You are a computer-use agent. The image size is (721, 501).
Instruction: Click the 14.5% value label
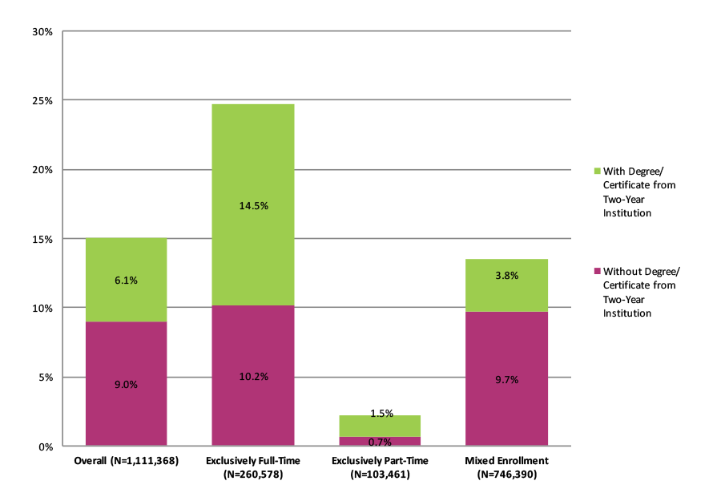[x=253, y=206]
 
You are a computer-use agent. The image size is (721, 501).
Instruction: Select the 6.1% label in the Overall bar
[x=127, y=280]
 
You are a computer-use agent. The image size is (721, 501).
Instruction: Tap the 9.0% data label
[x=127, y=384]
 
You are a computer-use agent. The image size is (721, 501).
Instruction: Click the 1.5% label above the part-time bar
[x=381, y=414]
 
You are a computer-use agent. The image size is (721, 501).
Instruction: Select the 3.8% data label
[x=507, y=275]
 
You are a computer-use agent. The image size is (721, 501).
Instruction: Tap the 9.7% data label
[x=507, y=379]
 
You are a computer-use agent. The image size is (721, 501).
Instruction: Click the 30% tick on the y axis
[x=42, y=32]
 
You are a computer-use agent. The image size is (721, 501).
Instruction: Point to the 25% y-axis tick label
[x=42, y=101]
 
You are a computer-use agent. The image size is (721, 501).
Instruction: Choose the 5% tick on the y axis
[x=45, y=378]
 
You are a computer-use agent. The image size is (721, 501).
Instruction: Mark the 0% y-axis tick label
[x=45, y=446]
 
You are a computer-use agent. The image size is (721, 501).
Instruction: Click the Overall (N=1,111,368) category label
[x=126, y=461]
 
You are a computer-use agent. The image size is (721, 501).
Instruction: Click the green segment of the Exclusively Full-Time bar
[x=253, y=160]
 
